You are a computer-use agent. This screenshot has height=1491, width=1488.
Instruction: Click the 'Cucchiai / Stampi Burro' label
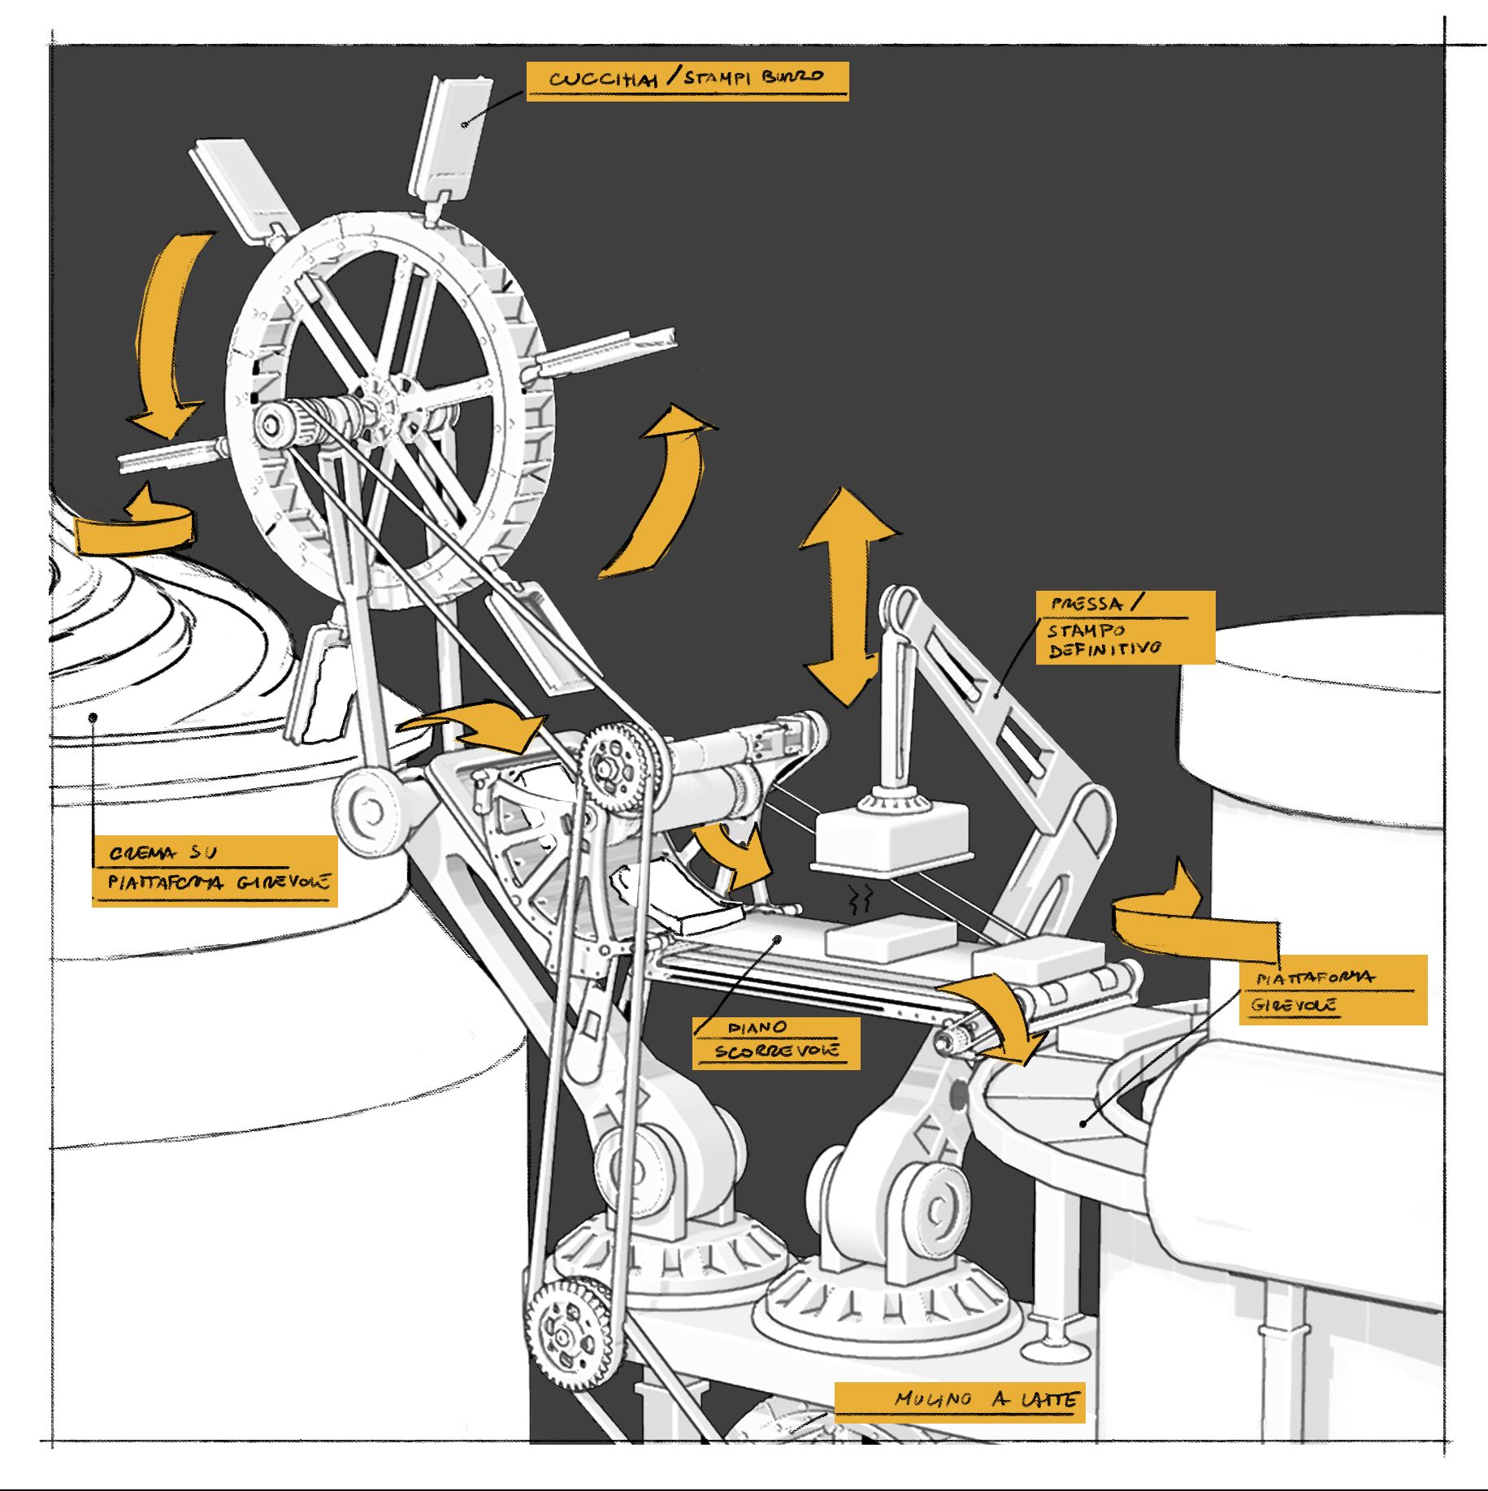pos(687,80)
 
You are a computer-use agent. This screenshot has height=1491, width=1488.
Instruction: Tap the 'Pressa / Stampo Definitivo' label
pos(1125,627)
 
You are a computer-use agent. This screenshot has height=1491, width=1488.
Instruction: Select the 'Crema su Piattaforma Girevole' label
pos(215,869)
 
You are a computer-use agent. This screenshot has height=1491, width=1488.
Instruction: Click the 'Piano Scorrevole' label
pos(775,1041)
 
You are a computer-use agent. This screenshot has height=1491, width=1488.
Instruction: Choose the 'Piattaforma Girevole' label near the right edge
pos(1333,990)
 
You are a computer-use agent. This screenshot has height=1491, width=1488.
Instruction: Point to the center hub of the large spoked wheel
pos(382,398)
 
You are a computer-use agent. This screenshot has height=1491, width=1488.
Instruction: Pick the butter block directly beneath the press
pos(890,936)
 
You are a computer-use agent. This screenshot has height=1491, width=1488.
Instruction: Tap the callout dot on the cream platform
pos(93,717)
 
